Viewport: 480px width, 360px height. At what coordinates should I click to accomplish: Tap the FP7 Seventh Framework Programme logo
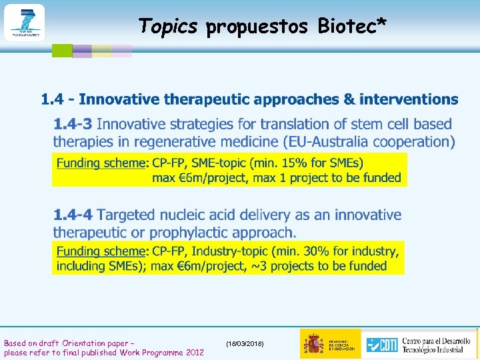pos(24,22)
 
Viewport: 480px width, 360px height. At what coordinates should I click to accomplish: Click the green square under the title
pos(62,50)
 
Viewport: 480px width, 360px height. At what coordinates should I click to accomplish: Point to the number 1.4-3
pos(73,124)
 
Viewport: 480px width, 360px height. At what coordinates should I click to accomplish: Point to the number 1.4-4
pos(73,215)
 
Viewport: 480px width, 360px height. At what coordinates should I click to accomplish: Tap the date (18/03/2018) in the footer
pos(245,343)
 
